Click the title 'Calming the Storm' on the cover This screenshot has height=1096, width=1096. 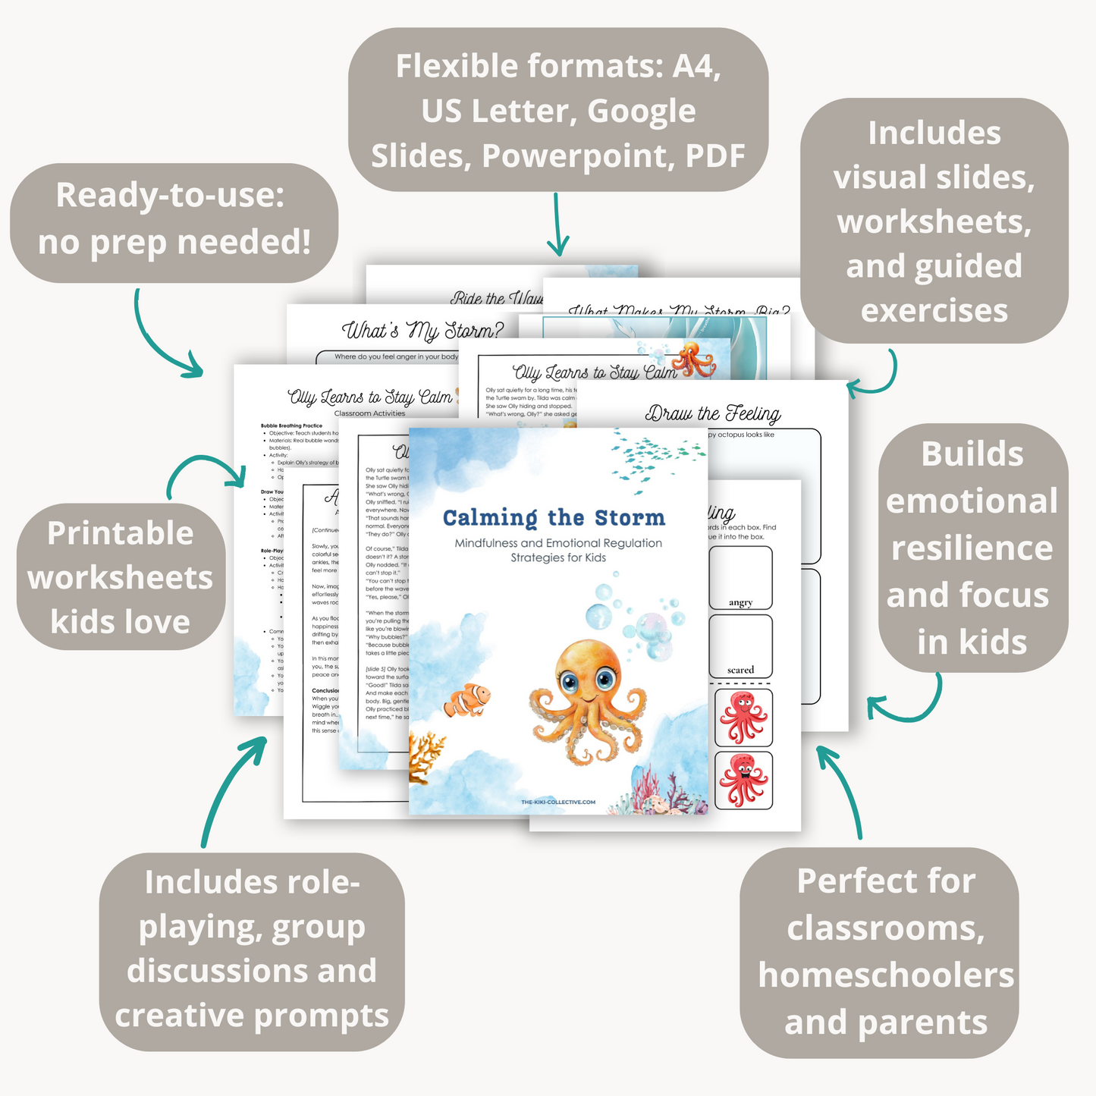coord(554,518)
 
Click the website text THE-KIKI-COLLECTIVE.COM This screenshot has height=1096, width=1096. coord(558,802)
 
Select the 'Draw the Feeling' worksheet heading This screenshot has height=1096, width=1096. coord(712,414)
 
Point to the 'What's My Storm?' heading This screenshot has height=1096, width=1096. coord(422,331)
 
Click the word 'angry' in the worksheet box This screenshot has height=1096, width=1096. coord(740,602)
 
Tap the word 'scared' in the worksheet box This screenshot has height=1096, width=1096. coord(740,670)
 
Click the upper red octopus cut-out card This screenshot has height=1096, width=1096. coord(743,718)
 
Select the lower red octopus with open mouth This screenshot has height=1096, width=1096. coord(743,780)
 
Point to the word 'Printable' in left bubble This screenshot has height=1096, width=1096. coord(121,533)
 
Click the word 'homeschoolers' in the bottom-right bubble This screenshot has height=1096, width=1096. coord(886,975)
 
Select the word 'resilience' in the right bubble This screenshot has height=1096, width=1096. coord(972,548)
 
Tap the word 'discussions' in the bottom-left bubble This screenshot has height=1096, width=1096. coord(251,971)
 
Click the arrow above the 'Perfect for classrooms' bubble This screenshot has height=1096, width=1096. coord(841,789)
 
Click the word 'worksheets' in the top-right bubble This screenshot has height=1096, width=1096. coord(934,221)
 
